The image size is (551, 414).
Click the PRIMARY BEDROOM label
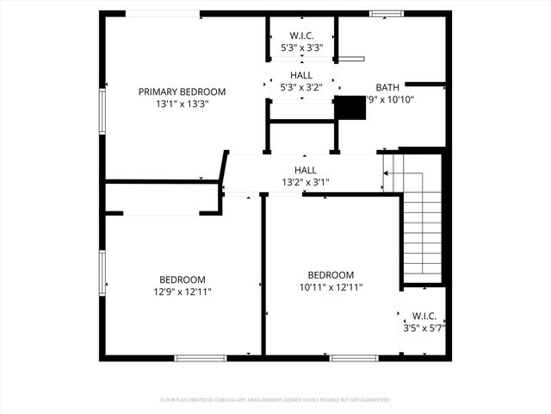pos(182,91)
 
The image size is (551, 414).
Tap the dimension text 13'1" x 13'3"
pos(182,103)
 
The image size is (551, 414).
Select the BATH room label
pos(387,87)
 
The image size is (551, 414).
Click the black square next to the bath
pos(349,107)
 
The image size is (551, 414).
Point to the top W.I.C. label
pos(300,35)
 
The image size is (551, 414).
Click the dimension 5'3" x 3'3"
pos(300,47)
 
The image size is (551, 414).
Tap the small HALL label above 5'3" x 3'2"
pos(300,75)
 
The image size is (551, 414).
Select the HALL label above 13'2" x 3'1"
pos(306,170)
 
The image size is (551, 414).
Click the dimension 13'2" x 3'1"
pos(306,182)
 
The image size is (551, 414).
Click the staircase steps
pos(422,224)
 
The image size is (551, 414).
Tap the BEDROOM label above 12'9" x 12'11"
pos(182,279)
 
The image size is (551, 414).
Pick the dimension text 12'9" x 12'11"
pos(182,292)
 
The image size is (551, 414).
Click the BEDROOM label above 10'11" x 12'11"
pos(331,275)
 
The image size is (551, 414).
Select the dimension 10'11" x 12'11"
pos(331,287)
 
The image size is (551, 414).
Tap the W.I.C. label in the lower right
pos(424,316)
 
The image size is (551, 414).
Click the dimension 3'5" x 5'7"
pos(424,328)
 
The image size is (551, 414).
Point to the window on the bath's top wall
pos(387,14)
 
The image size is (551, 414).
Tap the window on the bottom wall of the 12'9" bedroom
pos(200,357)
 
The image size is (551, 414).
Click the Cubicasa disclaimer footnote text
pos(275,400)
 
